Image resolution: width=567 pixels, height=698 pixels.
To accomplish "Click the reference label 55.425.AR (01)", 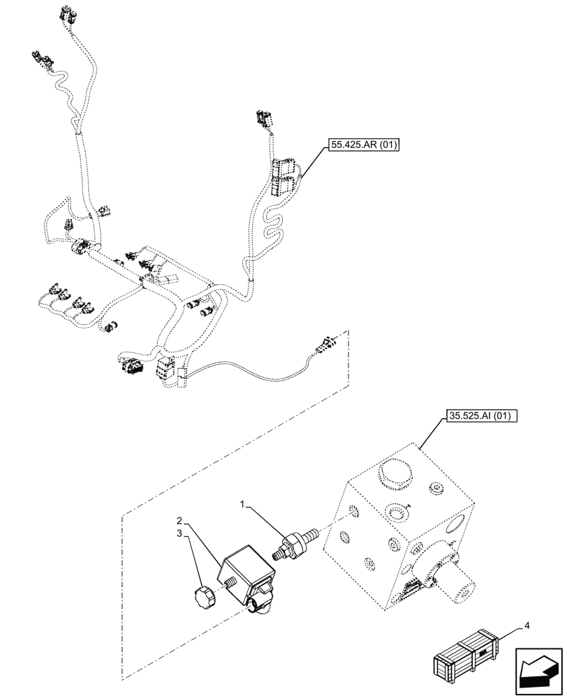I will click(362, 145).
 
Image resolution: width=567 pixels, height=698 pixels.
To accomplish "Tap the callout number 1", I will click(244, 503).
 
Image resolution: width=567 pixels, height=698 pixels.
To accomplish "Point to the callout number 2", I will click(179, 521).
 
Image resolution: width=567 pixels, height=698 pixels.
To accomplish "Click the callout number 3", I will click(179, 533).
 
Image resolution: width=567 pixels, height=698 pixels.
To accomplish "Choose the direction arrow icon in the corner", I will click(538, 672).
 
